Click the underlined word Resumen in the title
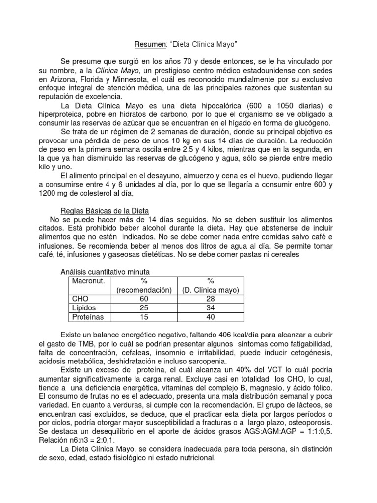[x=148, y=45]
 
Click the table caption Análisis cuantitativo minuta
[x=105, y=272]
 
